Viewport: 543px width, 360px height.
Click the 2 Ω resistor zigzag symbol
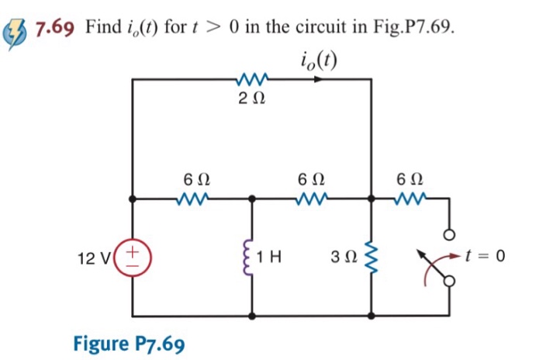(x=251, y=78)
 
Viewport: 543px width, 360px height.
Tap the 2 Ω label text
(x=251, y=99)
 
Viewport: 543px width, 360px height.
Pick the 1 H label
(x=271, y=256)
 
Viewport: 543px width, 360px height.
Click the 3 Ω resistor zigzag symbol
(x=371, y=256)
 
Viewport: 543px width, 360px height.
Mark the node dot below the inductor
(x=251, y=316)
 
